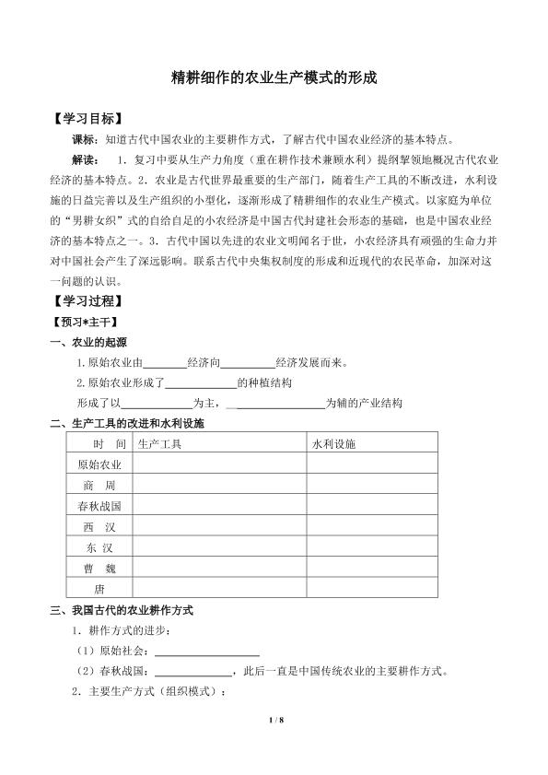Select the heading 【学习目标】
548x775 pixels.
pyautogui.click(x=84, y=120)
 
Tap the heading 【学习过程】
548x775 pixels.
pyautogui.click(x=84, y=300)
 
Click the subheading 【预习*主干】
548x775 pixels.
pyautogui.click(x=81, y=322)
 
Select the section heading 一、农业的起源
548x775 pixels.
pyautogui.click(x=88, y=342)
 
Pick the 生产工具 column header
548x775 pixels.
pyautogui.click(x=159, y=443)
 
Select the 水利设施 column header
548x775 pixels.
pyautogui.click(x=333, y=443)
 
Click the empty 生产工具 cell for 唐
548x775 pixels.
pyautogui.click(x=219, y=587)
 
